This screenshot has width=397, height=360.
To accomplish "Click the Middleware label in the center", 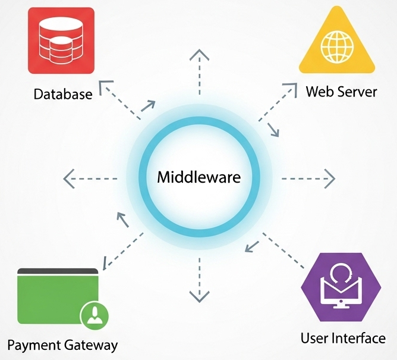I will click(198, 177).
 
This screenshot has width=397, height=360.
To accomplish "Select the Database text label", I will click(63, 94).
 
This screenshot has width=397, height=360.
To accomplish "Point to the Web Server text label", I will click(341, 92).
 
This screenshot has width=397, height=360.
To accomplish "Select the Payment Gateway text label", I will click(62, 345).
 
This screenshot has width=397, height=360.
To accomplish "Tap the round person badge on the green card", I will click(93, 315).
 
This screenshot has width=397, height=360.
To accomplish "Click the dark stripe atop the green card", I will click(57, 271).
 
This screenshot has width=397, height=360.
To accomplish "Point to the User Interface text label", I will click(343, 339).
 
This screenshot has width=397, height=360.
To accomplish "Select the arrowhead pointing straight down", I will click(199, 295).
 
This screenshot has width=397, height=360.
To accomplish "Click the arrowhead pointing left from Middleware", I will click(70, 177).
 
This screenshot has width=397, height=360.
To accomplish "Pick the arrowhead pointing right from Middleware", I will click(329, 178).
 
